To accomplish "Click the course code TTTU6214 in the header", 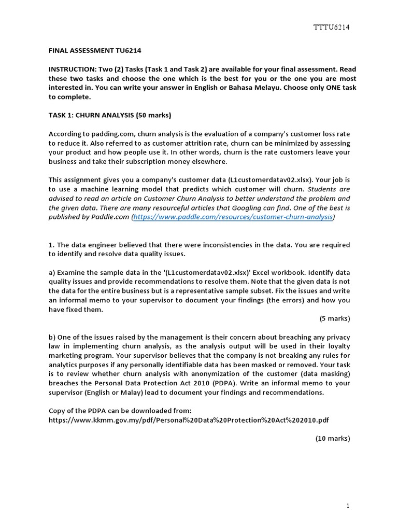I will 332,27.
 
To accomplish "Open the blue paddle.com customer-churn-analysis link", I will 233,217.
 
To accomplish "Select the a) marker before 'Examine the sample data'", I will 52,272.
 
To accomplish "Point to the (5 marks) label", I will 335,318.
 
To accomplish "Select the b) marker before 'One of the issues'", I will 52,337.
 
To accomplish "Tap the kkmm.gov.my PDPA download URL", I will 189,420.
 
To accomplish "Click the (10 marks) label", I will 333,438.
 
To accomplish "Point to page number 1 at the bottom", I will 348,505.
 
